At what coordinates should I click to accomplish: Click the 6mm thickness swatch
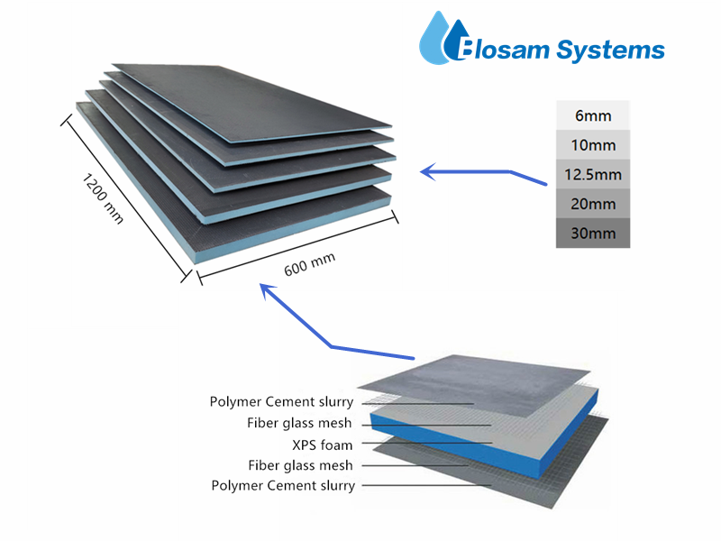coord(592,115)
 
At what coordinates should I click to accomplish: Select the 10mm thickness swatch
coord(592,144)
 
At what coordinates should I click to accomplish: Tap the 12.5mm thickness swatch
coord(592,174)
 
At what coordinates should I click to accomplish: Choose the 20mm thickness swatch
coord(592,204)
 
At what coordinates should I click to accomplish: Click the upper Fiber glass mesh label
coord(299,423)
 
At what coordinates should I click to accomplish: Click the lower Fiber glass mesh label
coord(299,465)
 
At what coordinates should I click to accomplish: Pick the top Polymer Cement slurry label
coord(281,402)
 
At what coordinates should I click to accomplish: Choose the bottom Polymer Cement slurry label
coord(283,486)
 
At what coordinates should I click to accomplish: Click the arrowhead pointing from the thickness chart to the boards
coord(427,169)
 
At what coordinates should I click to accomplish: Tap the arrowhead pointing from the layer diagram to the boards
coord(264,288)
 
